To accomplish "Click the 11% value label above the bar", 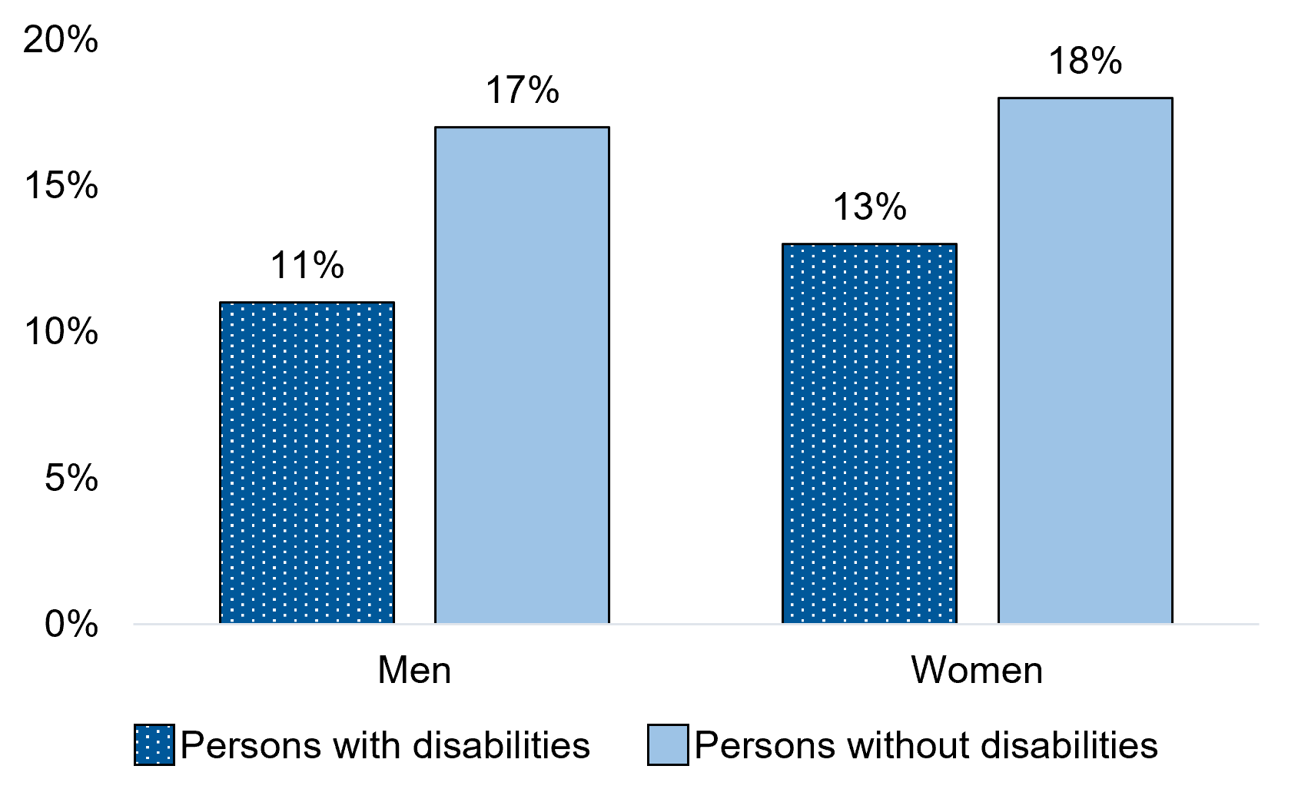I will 307,266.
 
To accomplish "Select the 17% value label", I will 522,91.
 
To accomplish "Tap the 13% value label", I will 869,207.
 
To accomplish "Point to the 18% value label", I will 1084,61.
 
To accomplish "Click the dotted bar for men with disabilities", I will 307,462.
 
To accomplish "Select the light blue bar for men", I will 522,375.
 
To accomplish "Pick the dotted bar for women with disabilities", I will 869,433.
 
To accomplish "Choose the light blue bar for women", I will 1084,360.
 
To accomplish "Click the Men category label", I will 414,671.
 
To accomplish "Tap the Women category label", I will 977,671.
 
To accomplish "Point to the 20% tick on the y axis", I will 61,40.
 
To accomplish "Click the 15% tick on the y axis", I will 61,186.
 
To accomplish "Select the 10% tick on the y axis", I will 61,332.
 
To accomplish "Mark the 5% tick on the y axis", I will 71,479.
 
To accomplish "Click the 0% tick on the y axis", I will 71,625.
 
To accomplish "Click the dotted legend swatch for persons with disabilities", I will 154,744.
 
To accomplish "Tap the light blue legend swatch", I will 667,744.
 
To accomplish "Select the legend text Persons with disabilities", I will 385,745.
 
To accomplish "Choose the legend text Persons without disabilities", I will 926,745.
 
